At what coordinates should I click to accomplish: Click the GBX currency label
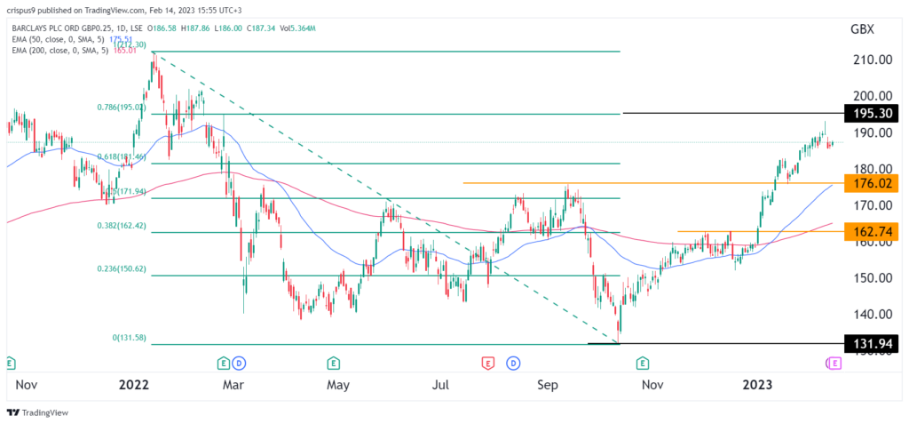[862, 28]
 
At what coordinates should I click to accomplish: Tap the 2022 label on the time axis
[134, 385]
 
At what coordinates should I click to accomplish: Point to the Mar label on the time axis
[233, 385]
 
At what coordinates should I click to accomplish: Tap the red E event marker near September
[486, 363]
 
